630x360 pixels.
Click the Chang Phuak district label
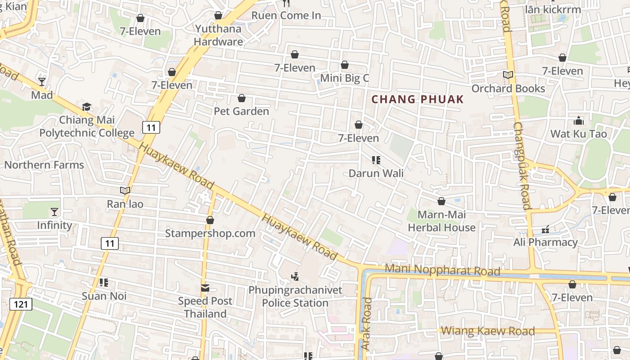418,99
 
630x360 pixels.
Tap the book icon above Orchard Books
508,75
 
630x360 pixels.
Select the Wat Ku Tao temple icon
579,121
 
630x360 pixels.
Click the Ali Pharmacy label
545,242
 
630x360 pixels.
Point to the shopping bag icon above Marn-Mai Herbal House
441,201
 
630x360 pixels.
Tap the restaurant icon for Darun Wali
376,160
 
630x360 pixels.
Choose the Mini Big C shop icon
345,65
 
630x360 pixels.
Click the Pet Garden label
241,111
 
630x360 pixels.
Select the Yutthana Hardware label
218,35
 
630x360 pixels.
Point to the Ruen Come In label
286,15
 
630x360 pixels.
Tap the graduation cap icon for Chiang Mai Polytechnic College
86,107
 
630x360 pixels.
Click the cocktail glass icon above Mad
42,81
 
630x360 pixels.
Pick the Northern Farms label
44,165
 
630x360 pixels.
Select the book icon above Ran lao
125,191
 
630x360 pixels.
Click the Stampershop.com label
210,233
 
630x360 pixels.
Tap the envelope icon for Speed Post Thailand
205,288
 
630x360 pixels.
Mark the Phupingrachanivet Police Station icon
295,277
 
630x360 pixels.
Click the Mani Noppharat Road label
443,270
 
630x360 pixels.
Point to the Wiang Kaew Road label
488,331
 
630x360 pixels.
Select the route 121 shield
20,304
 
